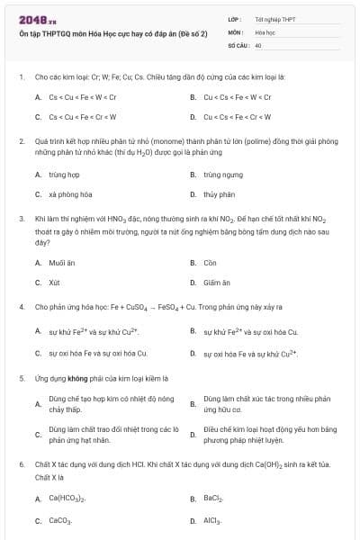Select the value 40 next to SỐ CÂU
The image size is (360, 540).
(x=258, y=44)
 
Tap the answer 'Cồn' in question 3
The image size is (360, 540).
(x=210, y=263)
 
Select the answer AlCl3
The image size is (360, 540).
(x=212, y=520)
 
